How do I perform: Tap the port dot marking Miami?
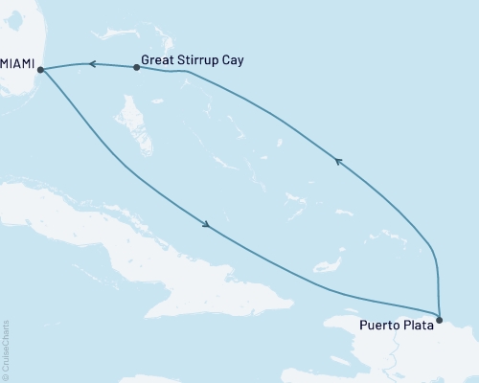(39, 69)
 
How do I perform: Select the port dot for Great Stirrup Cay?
(135, 68)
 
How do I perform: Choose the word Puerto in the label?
(380, 325)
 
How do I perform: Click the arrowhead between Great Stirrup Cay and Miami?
(94, 65)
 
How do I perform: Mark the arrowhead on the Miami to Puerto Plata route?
(205, 226)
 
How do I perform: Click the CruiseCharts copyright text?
(6, 349)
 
